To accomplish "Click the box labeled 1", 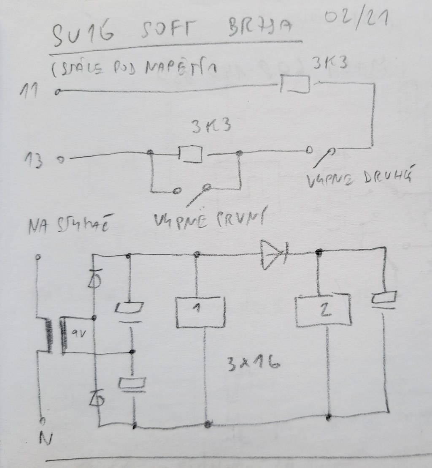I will pos(200,312).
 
